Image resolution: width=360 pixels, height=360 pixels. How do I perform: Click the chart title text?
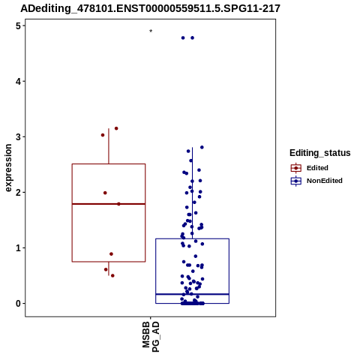150,8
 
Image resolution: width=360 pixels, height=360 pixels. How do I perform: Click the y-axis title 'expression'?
8,168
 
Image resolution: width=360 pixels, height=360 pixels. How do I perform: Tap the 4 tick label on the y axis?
18,81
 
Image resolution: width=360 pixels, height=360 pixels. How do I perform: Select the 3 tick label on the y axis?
18,136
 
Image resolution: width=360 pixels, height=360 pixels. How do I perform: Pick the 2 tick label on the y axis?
18,192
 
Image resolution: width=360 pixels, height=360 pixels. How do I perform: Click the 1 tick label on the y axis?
18,247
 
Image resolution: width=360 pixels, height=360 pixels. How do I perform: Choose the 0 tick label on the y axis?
18,303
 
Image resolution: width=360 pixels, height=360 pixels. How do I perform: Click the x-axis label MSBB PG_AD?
151,337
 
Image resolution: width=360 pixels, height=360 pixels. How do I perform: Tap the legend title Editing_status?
320,153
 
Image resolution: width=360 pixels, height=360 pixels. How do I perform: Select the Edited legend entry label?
317,168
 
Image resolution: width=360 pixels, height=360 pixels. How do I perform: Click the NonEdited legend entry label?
325,181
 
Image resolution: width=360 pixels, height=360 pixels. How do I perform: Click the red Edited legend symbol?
296,168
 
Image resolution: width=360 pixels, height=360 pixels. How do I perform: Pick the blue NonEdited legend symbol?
296,181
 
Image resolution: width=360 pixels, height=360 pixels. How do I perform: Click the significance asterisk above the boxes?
151,31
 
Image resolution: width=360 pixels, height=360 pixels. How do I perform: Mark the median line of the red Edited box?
109,204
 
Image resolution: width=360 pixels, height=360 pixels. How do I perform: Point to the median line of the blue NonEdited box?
192,294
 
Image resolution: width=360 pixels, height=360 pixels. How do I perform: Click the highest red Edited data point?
116,128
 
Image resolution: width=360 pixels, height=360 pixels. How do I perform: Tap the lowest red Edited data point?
112,276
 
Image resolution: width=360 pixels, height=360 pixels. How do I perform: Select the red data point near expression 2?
105,193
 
